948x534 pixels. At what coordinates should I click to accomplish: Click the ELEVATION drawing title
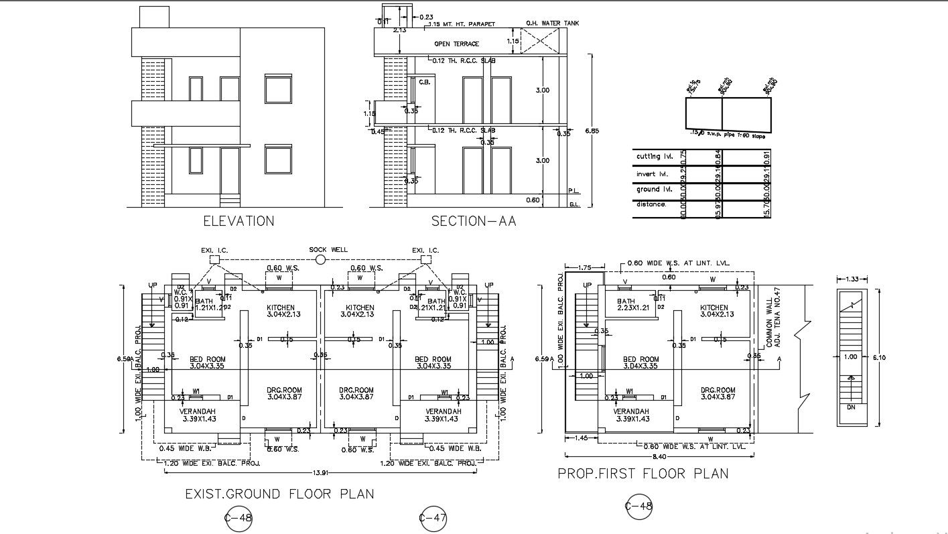239,221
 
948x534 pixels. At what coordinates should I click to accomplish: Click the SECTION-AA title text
474,221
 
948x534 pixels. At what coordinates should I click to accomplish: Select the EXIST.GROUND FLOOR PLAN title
279,494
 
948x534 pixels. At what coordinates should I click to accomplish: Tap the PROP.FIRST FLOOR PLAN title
643,474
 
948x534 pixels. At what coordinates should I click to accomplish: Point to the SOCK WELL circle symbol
320,259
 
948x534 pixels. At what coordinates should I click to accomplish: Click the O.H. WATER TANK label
553,23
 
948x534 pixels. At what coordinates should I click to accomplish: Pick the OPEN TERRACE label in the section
456,44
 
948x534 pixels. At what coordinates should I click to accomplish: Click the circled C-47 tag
433,518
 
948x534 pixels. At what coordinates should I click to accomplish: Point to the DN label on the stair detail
850,407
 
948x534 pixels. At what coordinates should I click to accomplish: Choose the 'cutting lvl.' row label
654,157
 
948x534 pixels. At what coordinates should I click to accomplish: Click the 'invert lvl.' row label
653,174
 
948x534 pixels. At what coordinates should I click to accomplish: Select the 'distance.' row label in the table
651,204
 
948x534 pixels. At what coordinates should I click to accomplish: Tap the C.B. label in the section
424,82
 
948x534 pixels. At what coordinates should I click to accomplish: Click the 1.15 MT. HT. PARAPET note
462,24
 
